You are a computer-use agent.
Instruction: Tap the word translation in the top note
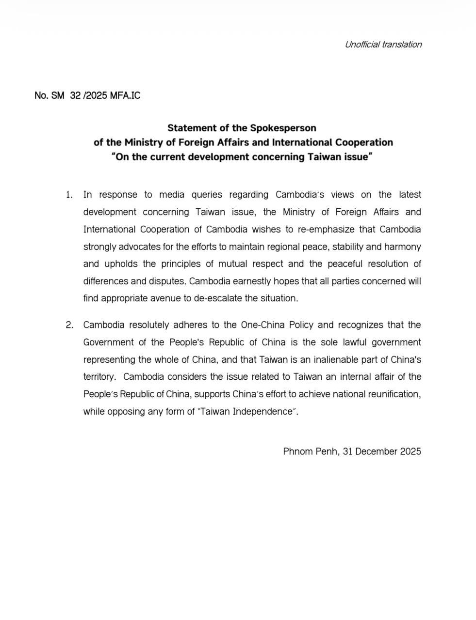pos(402,45)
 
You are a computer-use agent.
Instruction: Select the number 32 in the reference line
pos(75,95)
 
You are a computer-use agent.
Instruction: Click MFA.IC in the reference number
pos(125,95)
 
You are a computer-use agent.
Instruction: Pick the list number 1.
pos(69,195)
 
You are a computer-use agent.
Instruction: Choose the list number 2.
pos(69,325)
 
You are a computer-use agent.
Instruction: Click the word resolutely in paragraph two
pos(149,325)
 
